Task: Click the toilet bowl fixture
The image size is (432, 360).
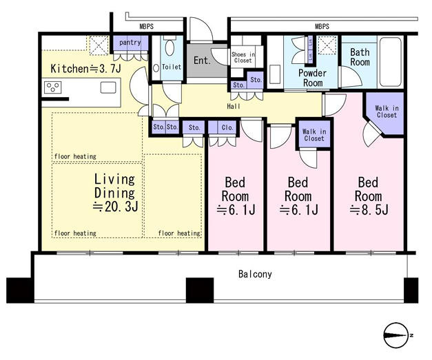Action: click(x=169, y=48)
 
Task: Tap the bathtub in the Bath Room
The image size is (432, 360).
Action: click(x=391, y=62)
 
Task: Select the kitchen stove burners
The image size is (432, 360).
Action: click(x=52, y=88)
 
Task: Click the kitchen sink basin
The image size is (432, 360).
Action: click(x=108, y=88)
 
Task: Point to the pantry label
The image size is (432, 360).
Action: click(x=130, y=43)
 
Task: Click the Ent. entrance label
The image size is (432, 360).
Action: click(x=202, y=61)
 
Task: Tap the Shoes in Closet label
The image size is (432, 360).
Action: click(x=243, y=58)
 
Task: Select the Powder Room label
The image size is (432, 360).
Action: click(x=312, y=78)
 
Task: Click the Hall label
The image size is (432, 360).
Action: click(x=234, y=106)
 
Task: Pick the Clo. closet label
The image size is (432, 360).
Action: click(x=227, y=127)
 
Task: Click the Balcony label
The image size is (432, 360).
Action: click(x=255, y=274)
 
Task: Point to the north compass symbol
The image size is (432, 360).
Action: click(x=396, y=335)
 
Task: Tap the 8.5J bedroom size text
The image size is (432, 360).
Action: click(x=369, y=211)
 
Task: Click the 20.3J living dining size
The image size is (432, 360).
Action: click(x=115, y=207)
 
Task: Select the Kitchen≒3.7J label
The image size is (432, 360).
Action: click(x=85, y=69)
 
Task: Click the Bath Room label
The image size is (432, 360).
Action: click(x=360, y=57)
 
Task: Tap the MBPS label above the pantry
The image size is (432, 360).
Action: click(x=146, y=27)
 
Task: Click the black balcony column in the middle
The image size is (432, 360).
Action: click(x=200, y=290)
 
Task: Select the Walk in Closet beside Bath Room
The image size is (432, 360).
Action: click(x=387, y=112)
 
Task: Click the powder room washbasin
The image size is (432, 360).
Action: click(x=275, y=74)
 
